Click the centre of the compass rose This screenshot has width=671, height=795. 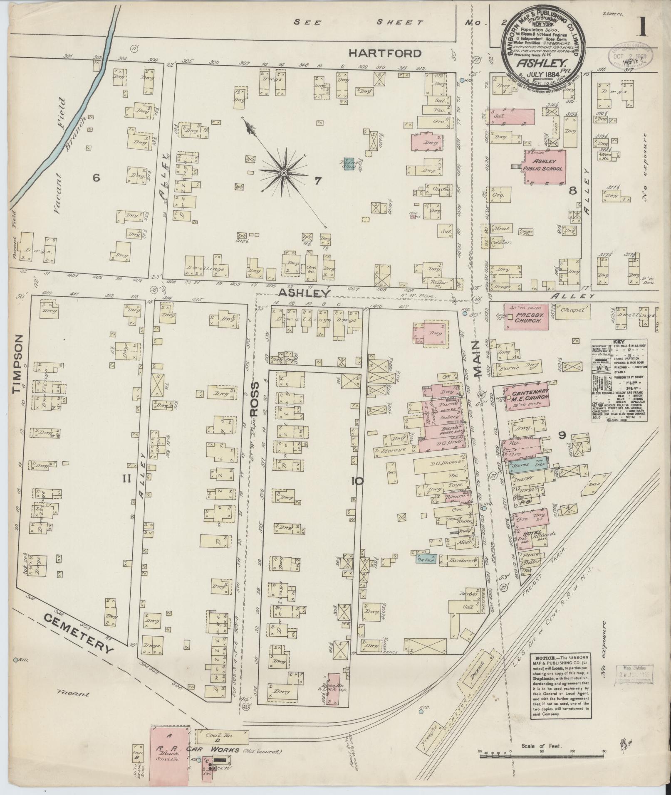[x=283, y=172]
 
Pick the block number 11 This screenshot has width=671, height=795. [x=126, y=479]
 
